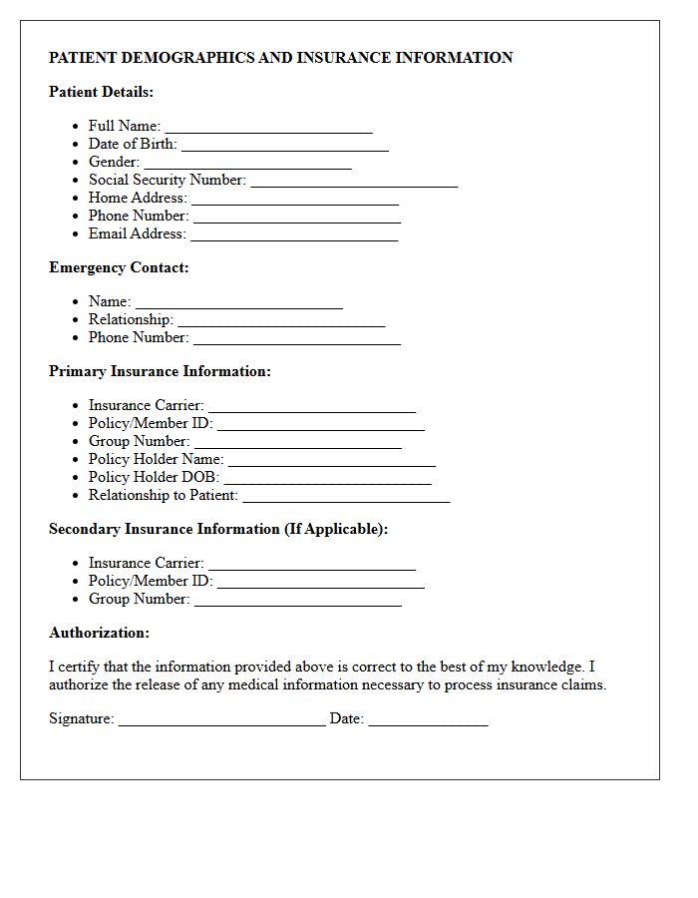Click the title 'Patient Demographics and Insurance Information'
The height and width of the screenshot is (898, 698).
click(x=280, y=58)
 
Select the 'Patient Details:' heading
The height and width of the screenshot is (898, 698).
click(x=101, y=92)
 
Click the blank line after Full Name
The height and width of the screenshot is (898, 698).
click(x=268, y=128)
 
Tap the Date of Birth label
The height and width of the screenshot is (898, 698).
click(x=133, y=144)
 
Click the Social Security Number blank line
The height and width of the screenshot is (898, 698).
click(x=354, y=182)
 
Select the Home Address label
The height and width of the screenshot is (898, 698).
click(x=138, y=198)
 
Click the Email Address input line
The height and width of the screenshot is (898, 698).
click(x=294, y=235)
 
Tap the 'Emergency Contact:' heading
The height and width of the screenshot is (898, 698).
click(x=119, y=267)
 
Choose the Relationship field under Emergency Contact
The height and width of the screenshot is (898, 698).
click(x=281, y=321)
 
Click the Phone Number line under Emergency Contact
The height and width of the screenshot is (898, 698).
click(x=296, y=339)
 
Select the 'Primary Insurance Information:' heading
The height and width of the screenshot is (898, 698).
click(x=160, y=371)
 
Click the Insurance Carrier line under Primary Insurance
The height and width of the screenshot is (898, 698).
click(x=311, y=407)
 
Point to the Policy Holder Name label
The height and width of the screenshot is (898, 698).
click(x=156, y=459)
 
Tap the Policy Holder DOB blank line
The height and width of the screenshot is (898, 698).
click(x=327, y=479)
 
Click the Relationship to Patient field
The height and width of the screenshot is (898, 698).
click(x=346, y=497)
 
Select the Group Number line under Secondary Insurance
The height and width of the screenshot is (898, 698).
click(x=297, y=601)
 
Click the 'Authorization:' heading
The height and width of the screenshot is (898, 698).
click(x=99, y=633)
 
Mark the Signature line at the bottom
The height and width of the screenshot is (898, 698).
click(x=221, y=720)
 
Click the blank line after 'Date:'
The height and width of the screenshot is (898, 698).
click(x=428, y=720)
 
